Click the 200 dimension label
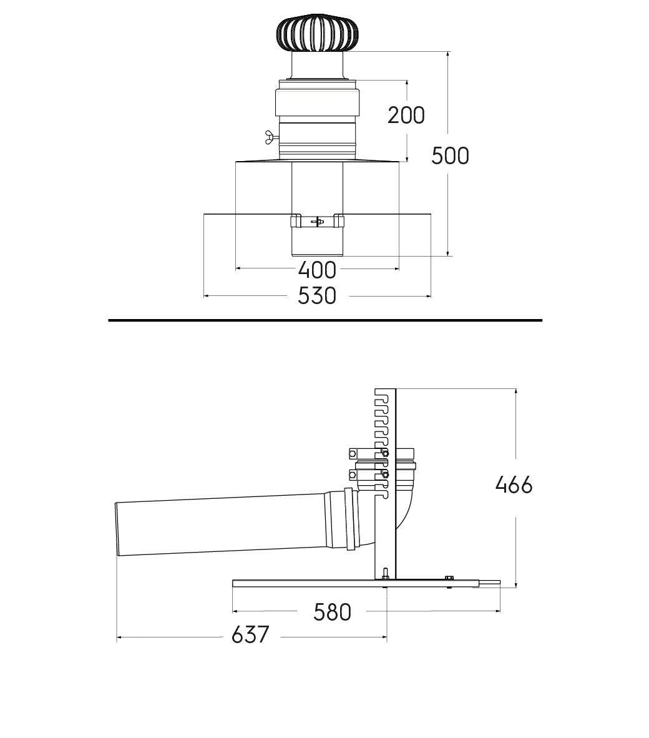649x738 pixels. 406,116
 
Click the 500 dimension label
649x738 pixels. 450,156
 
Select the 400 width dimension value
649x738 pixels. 317,270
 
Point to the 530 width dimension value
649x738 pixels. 317,296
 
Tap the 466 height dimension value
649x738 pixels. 514,485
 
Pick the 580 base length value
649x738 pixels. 332,613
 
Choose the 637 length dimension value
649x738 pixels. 250,634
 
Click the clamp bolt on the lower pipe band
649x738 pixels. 317,221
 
